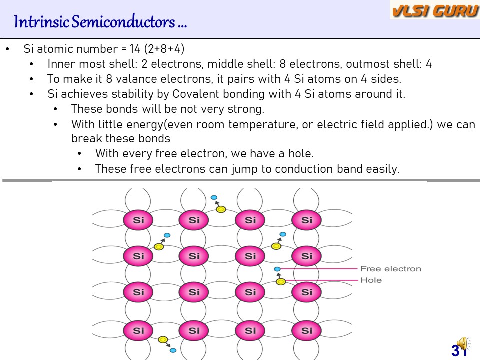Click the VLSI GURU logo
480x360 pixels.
click(434, 10)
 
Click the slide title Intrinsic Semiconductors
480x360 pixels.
click(100, 22)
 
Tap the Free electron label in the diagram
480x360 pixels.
click(391, 269)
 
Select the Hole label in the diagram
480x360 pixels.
click(371, 280)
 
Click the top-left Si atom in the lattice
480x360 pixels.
click(138, 220)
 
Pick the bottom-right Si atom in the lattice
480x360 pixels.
click(307, 330)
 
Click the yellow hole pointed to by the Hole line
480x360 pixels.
click(281, 282)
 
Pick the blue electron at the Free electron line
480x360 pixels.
click(277, 269)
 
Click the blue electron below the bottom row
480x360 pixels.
click(173, 350)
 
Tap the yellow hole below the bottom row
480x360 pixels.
click(162, 340)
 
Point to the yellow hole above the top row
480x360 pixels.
click(221, 209)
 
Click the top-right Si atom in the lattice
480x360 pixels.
click(307, 220)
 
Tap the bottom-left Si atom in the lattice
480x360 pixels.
click(138, 330)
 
